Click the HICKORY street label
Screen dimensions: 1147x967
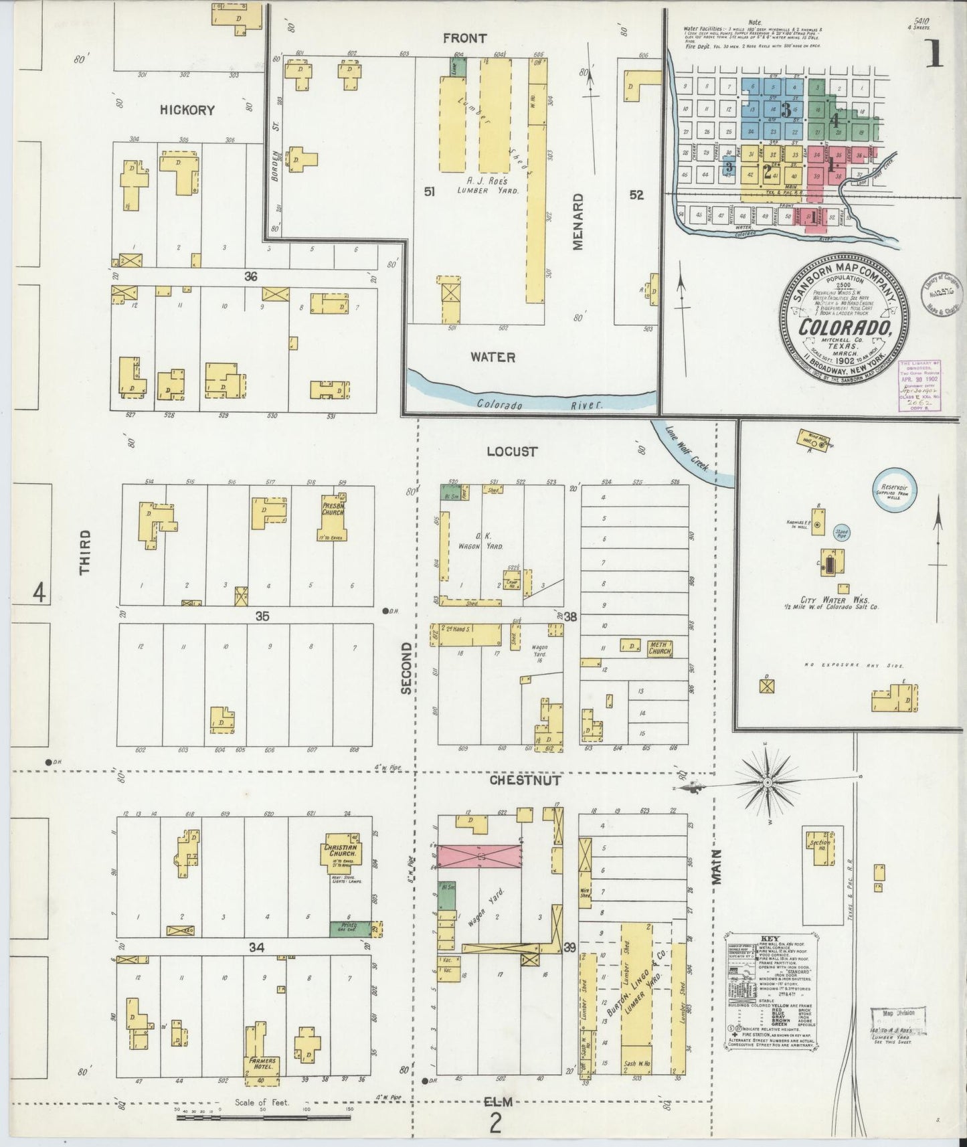click(x=187, y=110)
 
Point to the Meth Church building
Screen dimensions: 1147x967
click(x=658, y=647)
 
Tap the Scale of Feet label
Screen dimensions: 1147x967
click(x=262, y=1101)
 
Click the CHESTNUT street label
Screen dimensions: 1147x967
click(x=525, y=780)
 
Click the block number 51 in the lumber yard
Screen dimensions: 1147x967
click(x=430, y=192)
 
